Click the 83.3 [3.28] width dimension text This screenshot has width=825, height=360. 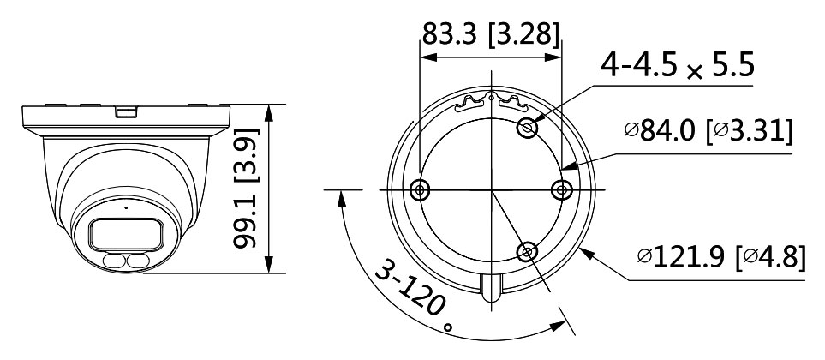tap(490, 35)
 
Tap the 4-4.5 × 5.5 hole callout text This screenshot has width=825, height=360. tap(678, 65)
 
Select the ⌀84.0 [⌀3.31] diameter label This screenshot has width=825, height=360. tap(708, 131)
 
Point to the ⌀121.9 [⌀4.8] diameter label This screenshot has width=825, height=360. tap(720, 256)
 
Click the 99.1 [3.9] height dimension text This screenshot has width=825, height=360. tap(246, 189)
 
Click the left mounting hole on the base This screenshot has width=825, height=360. tap(420, 189)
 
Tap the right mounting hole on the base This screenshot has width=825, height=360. tap(562, 189)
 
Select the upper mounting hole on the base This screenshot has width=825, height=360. tap(528, 128)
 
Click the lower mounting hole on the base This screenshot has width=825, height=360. tap(527, 252)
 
